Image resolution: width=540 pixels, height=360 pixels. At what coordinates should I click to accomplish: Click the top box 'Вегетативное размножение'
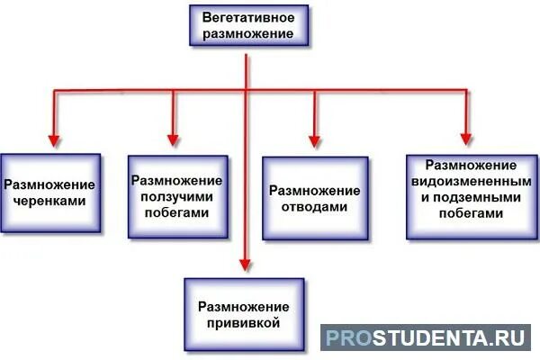[x=244, y=24]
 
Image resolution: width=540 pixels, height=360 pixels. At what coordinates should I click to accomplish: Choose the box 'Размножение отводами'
[x=315, y=198]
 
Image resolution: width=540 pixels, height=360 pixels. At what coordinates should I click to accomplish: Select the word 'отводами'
[x=315, y=206]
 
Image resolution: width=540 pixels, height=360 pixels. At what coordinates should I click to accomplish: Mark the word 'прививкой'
[x=244, y=320]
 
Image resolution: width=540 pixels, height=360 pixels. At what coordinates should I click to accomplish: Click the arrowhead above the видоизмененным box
[x=466, y=139]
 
